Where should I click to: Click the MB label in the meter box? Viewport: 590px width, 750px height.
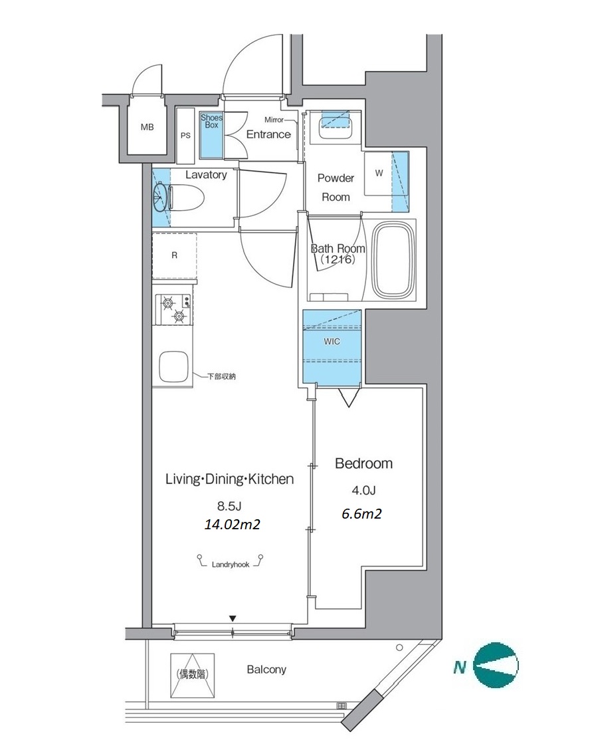[147, 127]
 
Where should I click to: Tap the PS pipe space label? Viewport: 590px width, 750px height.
[185, 136]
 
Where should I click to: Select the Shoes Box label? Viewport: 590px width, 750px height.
[211, 121]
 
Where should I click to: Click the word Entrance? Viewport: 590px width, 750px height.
[268, 134]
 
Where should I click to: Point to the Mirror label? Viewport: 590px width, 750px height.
[274, 120]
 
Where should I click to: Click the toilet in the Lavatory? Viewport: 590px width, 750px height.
[187, 197]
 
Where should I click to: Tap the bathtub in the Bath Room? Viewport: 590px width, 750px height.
[392, 260]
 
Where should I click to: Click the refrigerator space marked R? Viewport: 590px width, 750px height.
[174, 256]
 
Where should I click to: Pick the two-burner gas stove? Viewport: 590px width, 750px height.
[173, 309]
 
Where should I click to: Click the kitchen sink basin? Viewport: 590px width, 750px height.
[173, 367]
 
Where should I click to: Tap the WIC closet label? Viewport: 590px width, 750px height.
[332, 342]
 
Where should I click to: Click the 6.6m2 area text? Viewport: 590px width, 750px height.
[361, 514]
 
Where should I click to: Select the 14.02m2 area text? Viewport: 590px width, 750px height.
[232, 525]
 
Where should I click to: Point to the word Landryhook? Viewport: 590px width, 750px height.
[231, 565]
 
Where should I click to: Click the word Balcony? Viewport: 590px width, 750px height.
[266, 670]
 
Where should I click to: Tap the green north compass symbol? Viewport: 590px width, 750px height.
[496, 666]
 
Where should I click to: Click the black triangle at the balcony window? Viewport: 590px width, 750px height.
[233, 618]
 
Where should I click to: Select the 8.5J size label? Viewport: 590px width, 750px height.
[229, 505]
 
